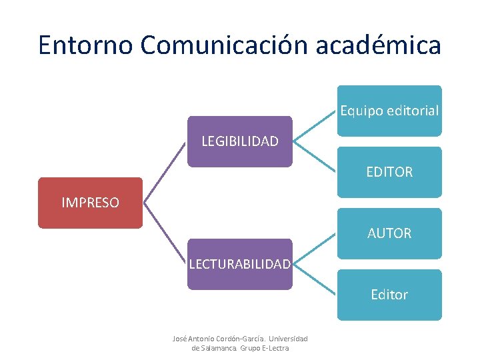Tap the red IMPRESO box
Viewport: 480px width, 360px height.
[x=90, y=203]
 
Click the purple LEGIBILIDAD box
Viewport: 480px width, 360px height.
[x=240, y=141]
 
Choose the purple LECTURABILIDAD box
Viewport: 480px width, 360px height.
[x=240, y=264]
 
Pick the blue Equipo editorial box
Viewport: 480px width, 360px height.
[x=389, y=111]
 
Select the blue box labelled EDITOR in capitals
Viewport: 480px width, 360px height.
[x=389, y=172]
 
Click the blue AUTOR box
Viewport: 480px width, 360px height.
[x=389, y=233]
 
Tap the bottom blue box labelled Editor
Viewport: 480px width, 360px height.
[x=389, y=295]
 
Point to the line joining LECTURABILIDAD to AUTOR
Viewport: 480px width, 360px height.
[x=314, y=249]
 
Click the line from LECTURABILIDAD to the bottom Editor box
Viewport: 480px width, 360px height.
[x=314, y=279]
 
